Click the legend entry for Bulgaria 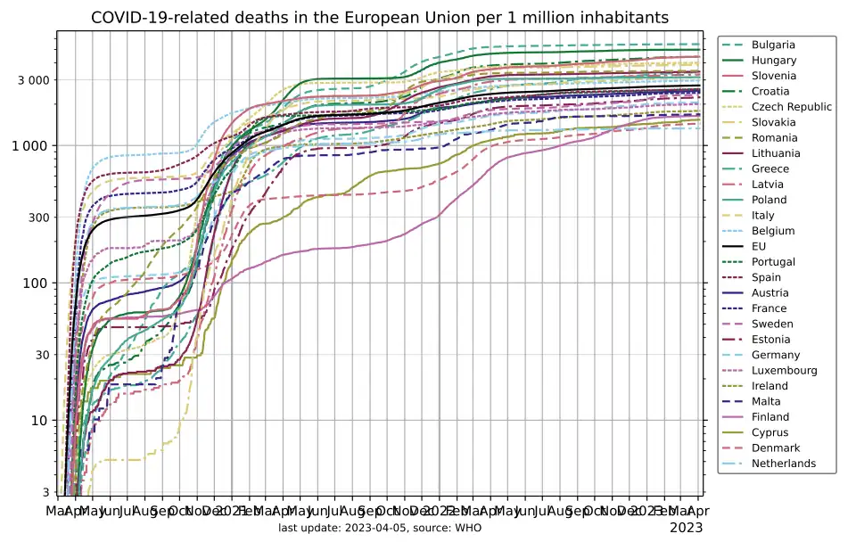point(773,45)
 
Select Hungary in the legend point(773,61)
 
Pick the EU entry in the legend point(759,246)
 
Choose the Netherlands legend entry point(783,464)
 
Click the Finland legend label point(770,417)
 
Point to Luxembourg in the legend point(784,370)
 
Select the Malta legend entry point(766,401)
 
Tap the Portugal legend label point(773,262)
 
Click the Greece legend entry point(770,168)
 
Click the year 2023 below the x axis point(686,527)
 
